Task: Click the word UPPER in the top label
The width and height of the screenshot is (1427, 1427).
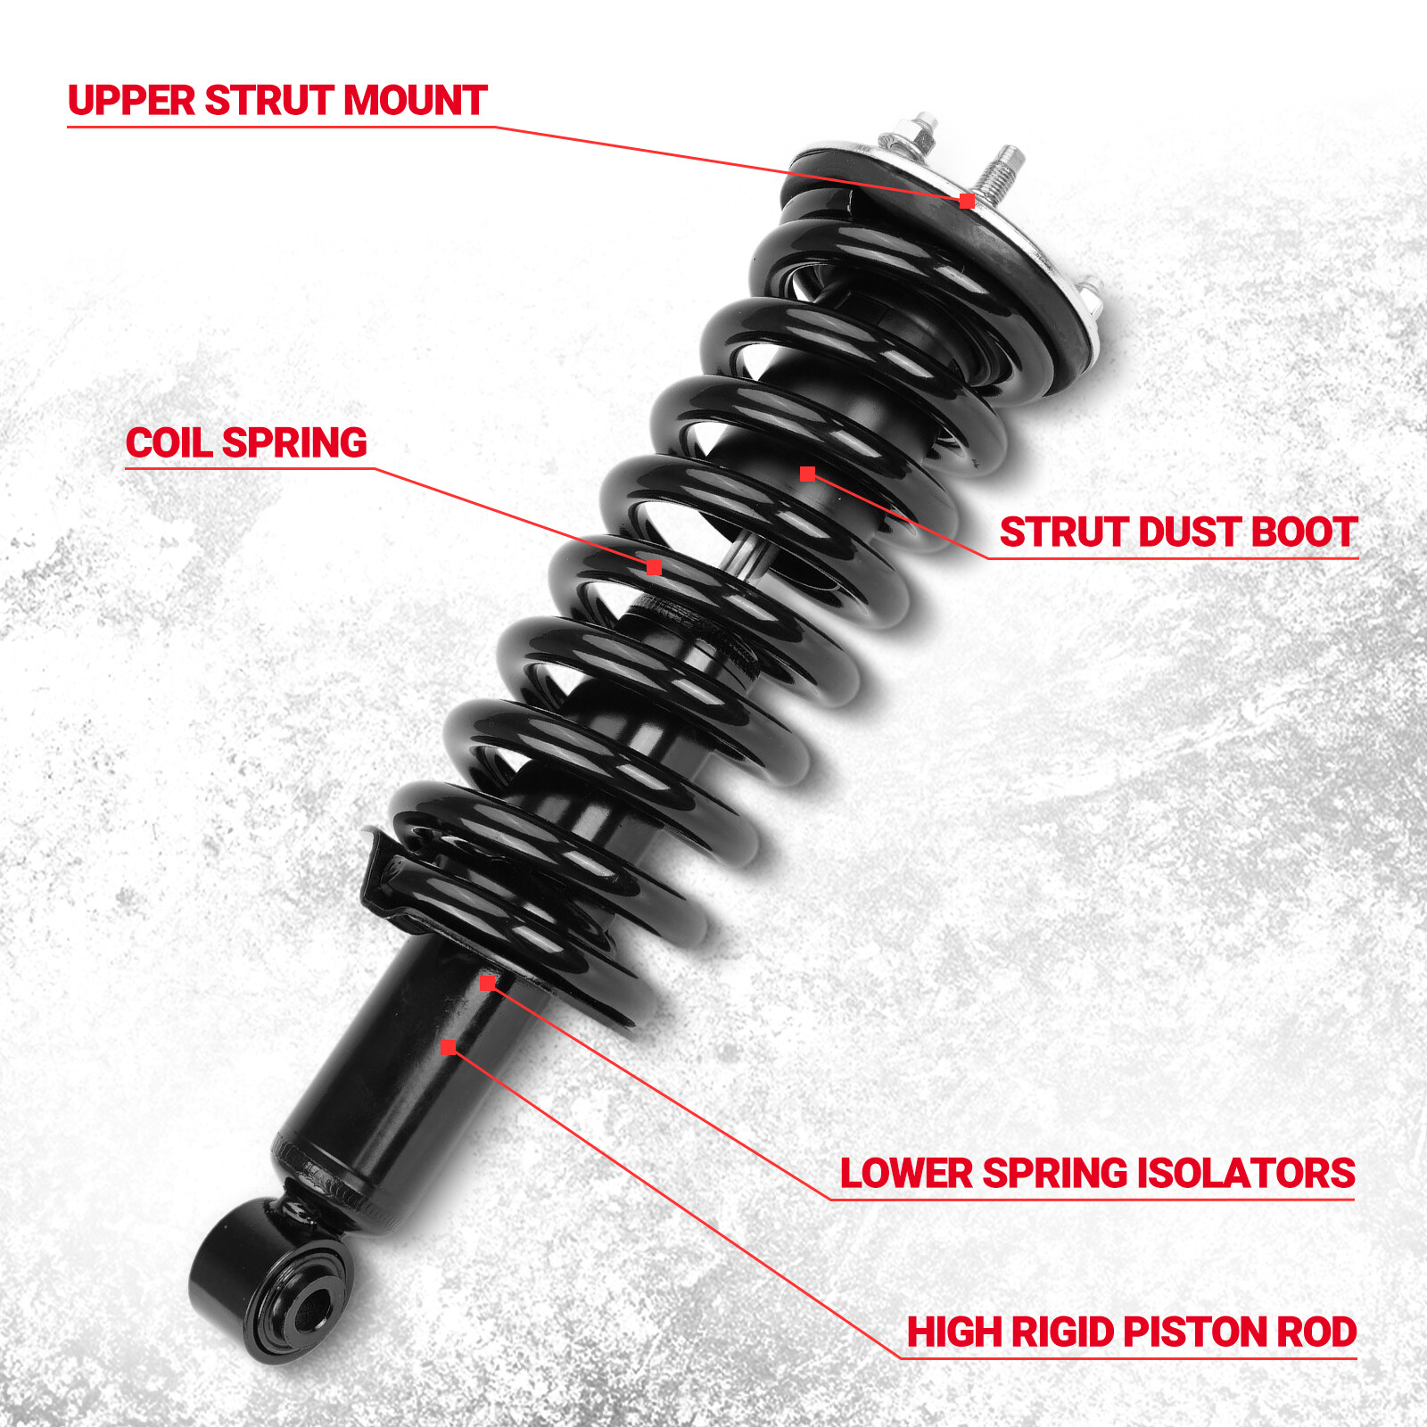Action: point(131,100)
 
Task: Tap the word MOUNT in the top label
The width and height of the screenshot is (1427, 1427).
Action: point(415,100)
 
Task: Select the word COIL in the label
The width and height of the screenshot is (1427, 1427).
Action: point(168,443)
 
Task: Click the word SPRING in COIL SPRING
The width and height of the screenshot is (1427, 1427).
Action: point(294,443)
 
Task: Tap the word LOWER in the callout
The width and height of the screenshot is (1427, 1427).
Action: point(905,1173)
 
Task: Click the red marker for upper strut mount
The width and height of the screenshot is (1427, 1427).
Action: point(967,201)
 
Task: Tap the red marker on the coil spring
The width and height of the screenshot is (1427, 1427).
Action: point(654,567)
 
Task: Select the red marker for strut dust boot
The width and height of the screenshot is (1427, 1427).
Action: point(807,474)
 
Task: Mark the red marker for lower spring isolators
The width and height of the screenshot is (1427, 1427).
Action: point(487,983)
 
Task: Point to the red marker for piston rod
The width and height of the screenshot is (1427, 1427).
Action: point(448,1047)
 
